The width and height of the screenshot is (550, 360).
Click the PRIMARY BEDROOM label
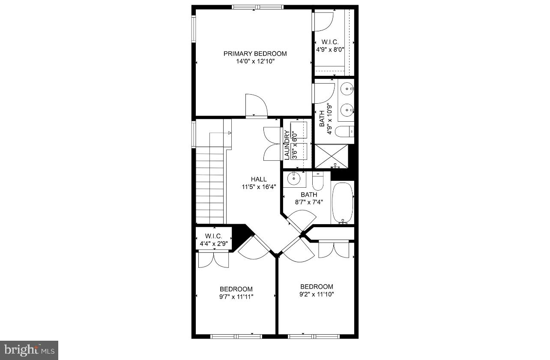pos(255,54)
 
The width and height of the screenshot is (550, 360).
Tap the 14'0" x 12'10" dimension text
pos(255,62)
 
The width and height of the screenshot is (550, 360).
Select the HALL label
pos(259,179)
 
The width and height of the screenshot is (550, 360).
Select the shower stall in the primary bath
pos(331,156)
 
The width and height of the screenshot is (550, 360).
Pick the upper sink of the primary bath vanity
pos(347,89)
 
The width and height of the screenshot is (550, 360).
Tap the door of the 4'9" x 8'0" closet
pos(323,21)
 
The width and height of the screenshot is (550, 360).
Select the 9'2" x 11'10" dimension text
pos(317,294)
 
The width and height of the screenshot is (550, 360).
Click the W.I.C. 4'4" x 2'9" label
pos(213,240)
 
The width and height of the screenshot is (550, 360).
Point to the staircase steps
pos(210,184)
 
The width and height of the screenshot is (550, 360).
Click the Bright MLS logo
pos(29,351)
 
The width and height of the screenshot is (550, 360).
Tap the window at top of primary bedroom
pos(257,7)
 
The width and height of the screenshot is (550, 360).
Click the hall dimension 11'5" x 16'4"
pos(259,187)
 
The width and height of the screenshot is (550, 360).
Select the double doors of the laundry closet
pos(272,144)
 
